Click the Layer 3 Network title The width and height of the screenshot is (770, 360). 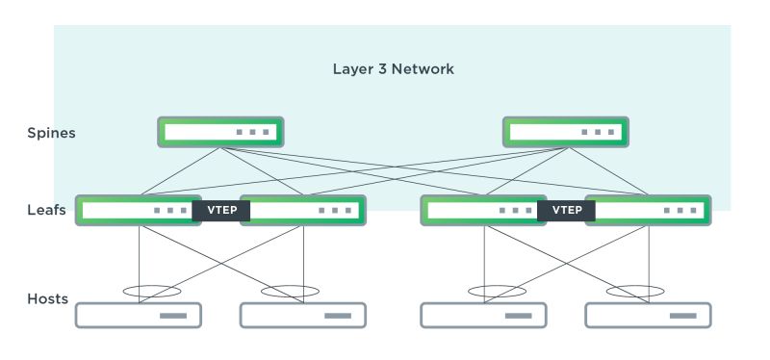[x=393, y=69]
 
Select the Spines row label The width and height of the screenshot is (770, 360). [x=51, y=133]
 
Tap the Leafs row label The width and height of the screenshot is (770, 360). [x=46, y=210]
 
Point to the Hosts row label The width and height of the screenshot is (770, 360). [x=47, y=298]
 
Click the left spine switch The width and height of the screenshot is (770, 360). [x=220, y=132]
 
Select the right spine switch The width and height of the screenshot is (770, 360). [x=566, y=132]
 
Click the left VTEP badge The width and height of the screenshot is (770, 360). [x=220, y=211]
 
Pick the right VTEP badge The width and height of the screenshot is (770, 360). [x=566, y=211]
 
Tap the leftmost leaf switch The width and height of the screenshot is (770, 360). [x=135, y=210]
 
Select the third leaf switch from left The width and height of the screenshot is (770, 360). [x=480, y=210]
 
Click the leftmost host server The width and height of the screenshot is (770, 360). [x=139, y=316]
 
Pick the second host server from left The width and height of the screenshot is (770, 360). [x=302, y=316]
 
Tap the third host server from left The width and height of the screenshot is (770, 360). [x=483, y=316]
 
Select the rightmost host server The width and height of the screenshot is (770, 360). [x=648, y=316]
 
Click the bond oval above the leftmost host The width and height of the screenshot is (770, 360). [x=151, y=291]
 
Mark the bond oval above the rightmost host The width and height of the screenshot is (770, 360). [x=635, y=291]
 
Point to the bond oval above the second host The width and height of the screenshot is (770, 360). [x=290, y=291]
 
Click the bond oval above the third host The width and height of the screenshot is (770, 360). [x=497, y=291]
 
